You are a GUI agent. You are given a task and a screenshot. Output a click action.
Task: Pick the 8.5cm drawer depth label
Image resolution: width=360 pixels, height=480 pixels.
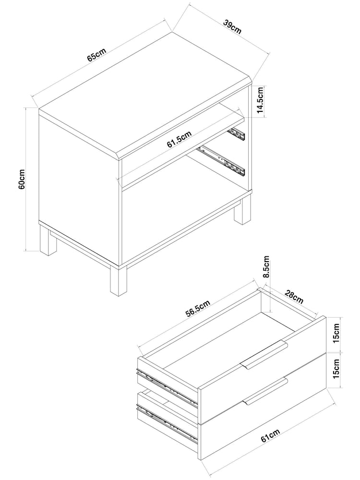[x=267, y=269]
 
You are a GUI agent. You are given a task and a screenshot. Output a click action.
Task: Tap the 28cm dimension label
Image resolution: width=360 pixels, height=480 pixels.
[x=293, y=298]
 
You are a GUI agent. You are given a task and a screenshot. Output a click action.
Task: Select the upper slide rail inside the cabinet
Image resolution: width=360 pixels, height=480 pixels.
[x=238, y=133]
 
